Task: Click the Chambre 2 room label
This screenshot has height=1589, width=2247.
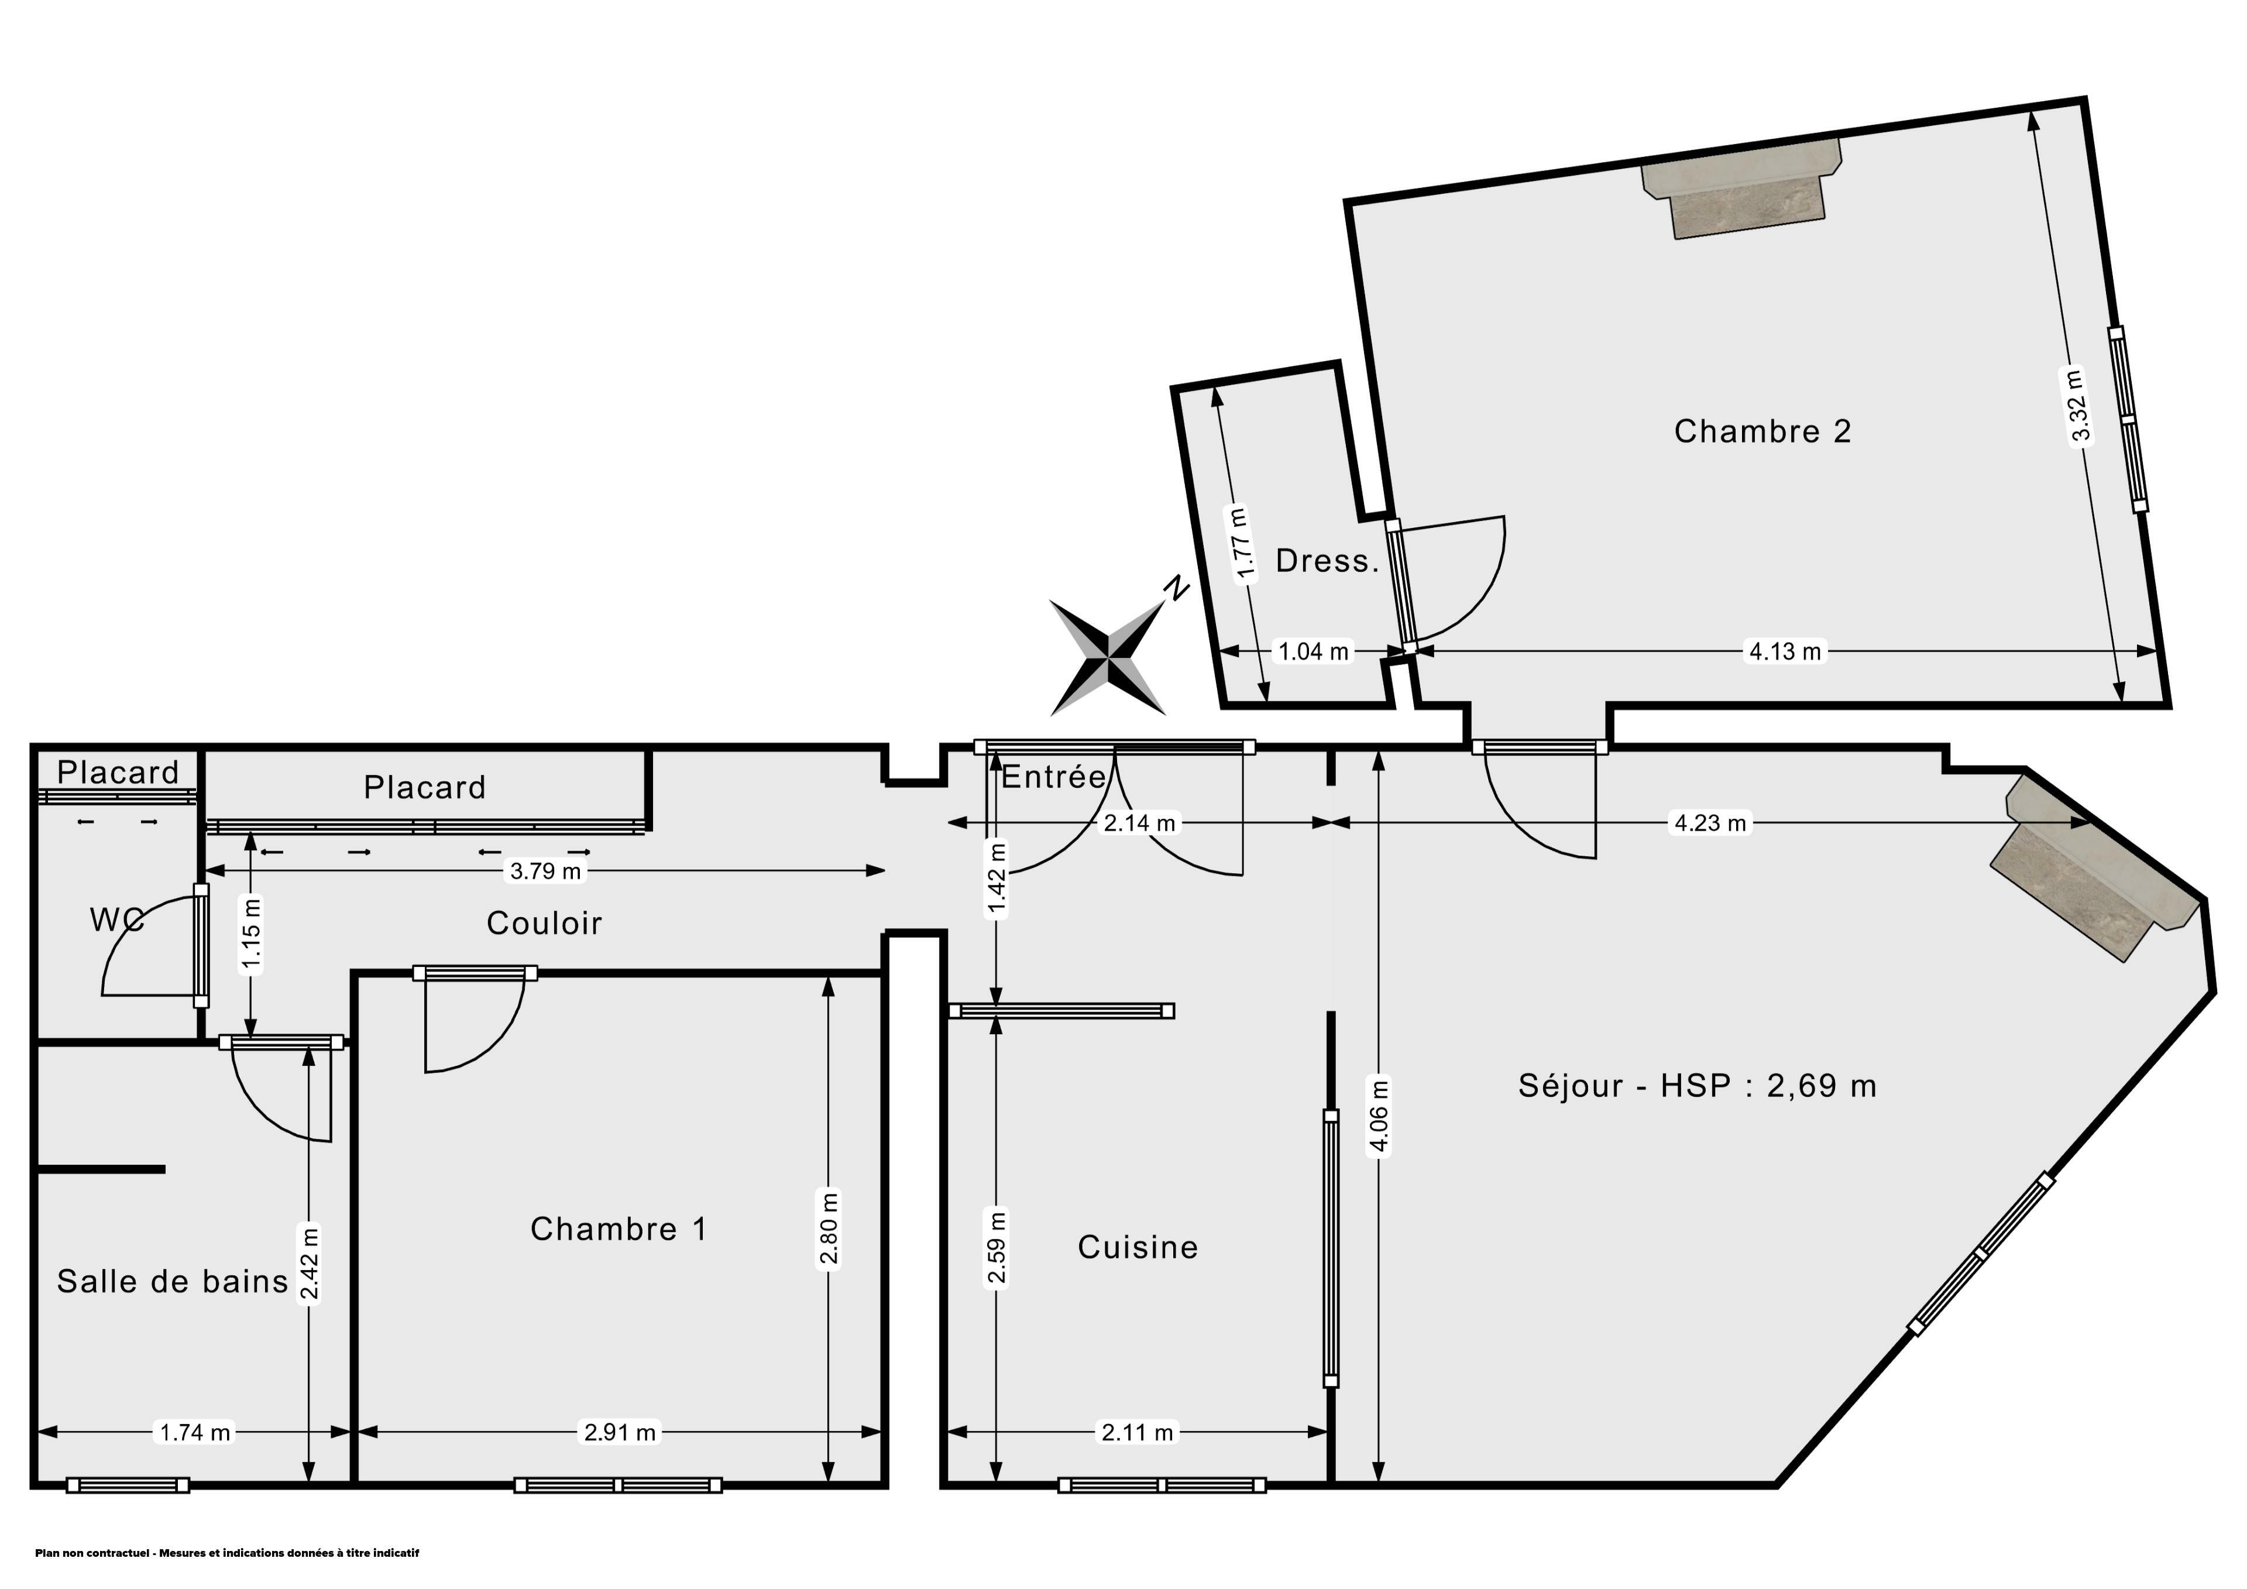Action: click(x=1762, y=432)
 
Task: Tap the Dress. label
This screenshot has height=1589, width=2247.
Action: click(x=1327, y=561)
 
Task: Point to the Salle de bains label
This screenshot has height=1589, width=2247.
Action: click(x=172, y=1282)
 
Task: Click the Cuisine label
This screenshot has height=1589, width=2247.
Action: click(x=1137, y=1247)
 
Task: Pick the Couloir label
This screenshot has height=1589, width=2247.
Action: click(x=544, y=922)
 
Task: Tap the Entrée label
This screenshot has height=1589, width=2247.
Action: click(x=1053, y=777)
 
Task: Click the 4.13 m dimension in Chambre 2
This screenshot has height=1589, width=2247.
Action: click(x=1785, y=651)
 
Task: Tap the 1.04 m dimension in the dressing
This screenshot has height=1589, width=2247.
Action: click(x=1313, y=651)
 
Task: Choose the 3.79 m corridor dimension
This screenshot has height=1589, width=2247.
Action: click(x=545, y=870)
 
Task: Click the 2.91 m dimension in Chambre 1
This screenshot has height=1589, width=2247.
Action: click(x=620, y=1432)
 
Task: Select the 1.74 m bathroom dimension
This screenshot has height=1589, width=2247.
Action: click(x=195, y=1432)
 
